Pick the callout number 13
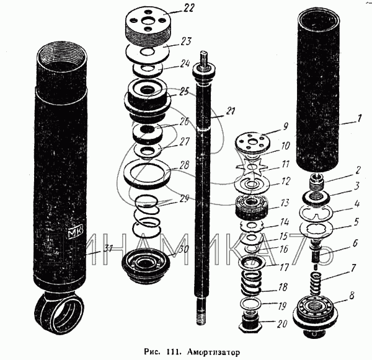[284, 202]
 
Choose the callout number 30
[184, 249]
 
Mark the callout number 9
[285, 125]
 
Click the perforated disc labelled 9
[255, 142]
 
